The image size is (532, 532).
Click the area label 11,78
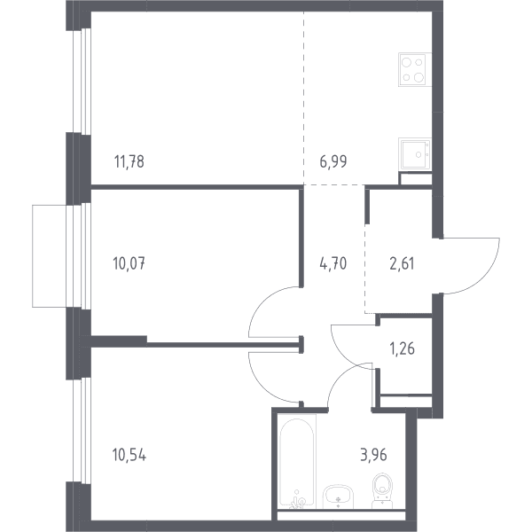129,161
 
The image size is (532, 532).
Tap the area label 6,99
333,161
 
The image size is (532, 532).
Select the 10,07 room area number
129,263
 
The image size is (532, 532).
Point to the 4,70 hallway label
333,263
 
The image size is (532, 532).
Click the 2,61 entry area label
402,263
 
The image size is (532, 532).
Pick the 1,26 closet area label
403,348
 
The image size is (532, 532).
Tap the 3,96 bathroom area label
373,455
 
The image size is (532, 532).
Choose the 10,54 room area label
129,455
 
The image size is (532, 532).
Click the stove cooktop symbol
415,69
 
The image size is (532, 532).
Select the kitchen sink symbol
415,153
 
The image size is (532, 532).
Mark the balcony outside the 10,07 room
49,256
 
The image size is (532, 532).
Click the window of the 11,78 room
82,81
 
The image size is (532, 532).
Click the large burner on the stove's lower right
419,78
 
